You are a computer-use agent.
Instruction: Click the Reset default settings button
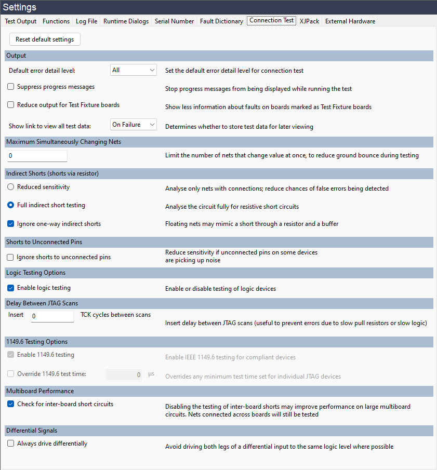(45, 39)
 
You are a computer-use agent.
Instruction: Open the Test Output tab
(21, 21)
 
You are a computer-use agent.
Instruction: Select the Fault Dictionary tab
(221, 21)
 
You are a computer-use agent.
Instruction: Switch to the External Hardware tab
(350, 21)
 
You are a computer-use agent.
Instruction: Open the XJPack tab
(310, 21)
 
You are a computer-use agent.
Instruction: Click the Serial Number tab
(175, 21)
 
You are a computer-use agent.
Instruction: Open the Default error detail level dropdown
(134, 70)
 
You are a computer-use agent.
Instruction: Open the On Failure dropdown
(134, 125)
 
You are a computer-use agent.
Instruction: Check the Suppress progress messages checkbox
(11, 87)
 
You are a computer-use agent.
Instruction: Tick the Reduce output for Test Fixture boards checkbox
(11, 105)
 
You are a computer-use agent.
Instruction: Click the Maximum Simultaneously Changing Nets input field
(37, 156)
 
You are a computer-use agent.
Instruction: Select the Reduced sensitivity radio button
(11, 187)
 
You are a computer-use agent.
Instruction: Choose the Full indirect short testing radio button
(11, 205)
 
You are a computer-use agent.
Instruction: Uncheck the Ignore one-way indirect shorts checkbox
(11, 224)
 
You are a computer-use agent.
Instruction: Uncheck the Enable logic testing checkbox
(11, 288)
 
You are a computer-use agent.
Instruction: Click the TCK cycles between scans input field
(52, 316)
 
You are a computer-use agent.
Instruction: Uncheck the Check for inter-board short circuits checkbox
(11, 404)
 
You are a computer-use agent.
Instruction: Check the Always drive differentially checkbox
(11, 444)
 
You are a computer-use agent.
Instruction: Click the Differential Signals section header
(218, 431)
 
